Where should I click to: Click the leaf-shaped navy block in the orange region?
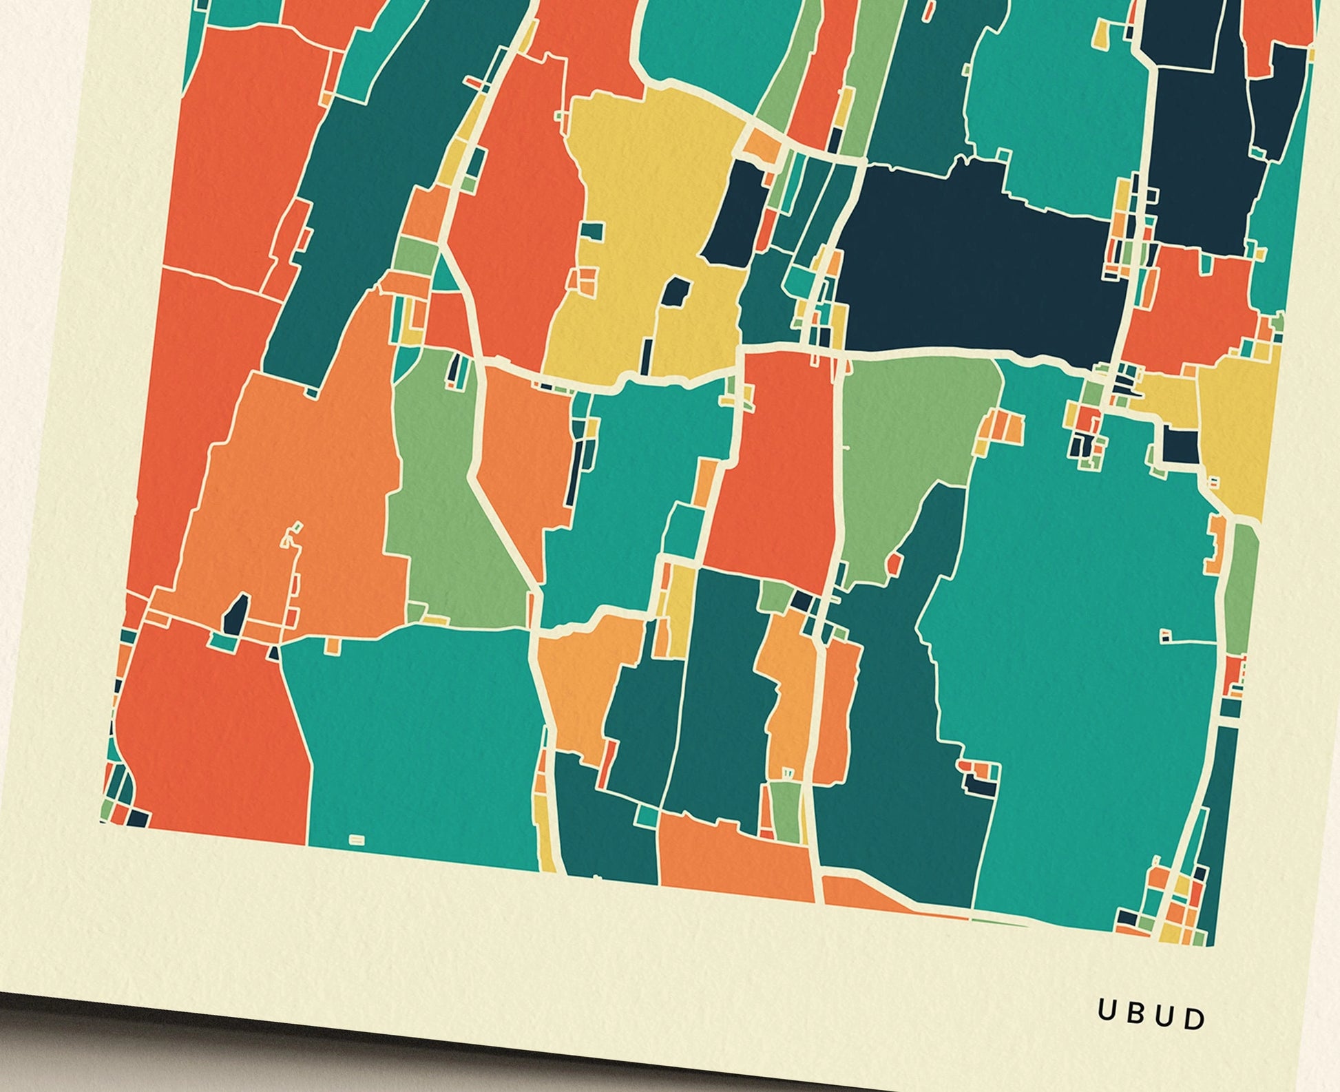point(237,614)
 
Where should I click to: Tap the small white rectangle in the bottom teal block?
point(356,839)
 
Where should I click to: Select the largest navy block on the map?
point(978,262)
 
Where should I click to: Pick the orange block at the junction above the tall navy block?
point(762,142)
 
